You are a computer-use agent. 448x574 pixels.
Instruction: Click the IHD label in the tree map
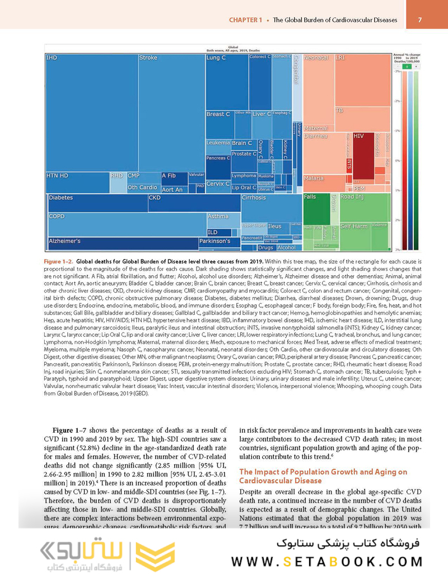(52, 58)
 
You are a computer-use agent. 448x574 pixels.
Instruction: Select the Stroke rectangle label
(148, 58)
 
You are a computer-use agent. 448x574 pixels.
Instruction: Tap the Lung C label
(216, 58)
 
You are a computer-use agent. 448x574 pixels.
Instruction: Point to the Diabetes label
(60, 198)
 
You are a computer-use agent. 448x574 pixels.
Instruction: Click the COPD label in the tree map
(57, 216)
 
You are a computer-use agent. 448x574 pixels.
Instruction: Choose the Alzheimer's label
(65, 241)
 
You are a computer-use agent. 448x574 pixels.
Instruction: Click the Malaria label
(314, 179)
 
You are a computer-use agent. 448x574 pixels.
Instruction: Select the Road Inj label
(352, 197)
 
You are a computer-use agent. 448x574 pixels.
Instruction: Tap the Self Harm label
(354, 226)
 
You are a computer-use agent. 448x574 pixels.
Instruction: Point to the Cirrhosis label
(254, 198)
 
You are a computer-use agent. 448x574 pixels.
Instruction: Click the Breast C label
(218, 114)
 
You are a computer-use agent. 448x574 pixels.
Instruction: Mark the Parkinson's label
(215, 241)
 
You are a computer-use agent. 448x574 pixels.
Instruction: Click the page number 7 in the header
(420, 20)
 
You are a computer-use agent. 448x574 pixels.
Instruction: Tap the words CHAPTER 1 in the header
(245, 20)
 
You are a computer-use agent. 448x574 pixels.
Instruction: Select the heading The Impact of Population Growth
(323, 476)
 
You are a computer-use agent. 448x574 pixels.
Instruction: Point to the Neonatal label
(316, 58)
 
